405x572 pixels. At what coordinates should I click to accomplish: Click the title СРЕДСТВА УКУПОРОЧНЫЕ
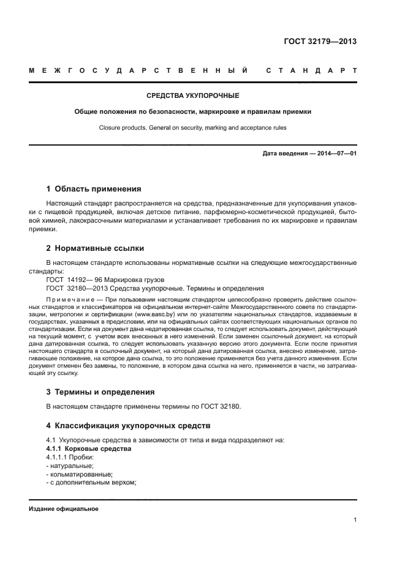[193, 96]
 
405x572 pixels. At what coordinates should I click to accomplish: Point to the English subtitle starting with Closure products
[193, 128]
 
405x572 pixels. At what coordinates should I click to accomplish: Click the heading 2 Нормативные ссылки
[96, 248]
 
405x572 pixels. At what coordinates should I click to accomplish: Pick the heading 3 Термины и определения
[100, 392]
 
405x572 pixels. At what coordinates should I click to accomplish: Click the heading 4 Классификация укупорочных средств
[129, 425]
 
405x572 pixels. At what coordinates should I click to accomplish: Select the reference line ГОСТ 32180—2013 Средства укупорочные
[154, 288]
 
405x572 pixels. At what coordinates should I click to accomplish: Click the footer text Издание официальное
[64, 508]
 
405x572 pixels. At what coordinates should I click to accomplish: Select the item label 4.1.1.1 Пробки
[69, 457]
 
